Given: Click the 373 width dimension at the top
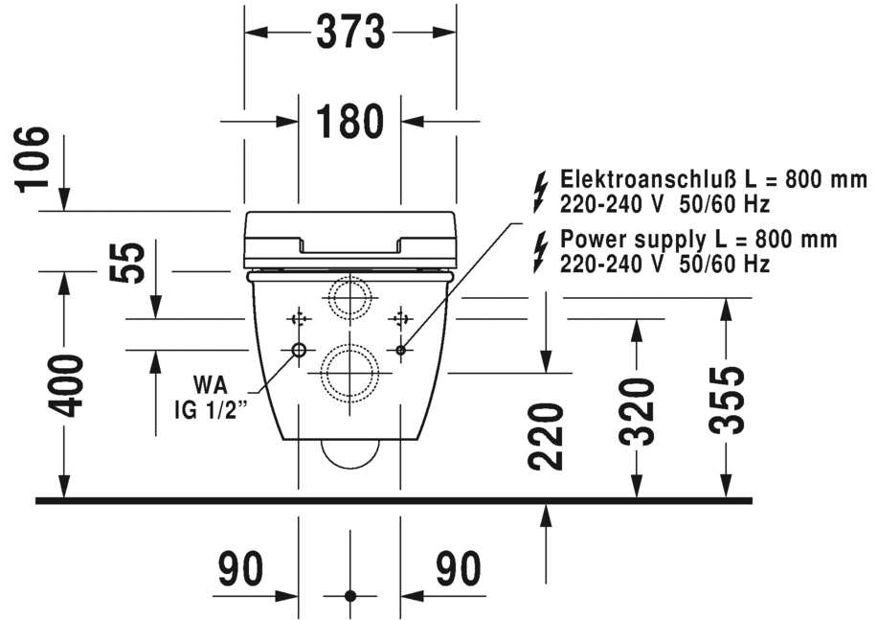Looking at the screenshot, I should (x=349, y=32).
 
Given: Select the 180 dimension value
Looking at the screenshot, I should (x=349, y=122).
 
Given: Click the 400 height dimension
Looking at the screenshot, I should (x=65, y=385).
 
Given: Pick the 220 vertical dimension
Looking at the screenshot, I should (x=546, y=437).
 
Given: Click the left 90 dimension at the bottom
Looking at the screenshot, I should (x=240, y=570).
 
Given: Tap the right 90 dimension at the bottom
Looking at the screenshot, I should (x=459, y=570).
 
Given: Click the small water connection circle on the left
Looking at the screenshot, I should (x=299, y=351).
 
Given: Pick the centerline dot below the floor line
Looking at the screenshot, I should (x=349, y=596).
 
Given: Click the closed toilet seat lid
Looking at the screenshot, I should (x=349, y=239).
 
